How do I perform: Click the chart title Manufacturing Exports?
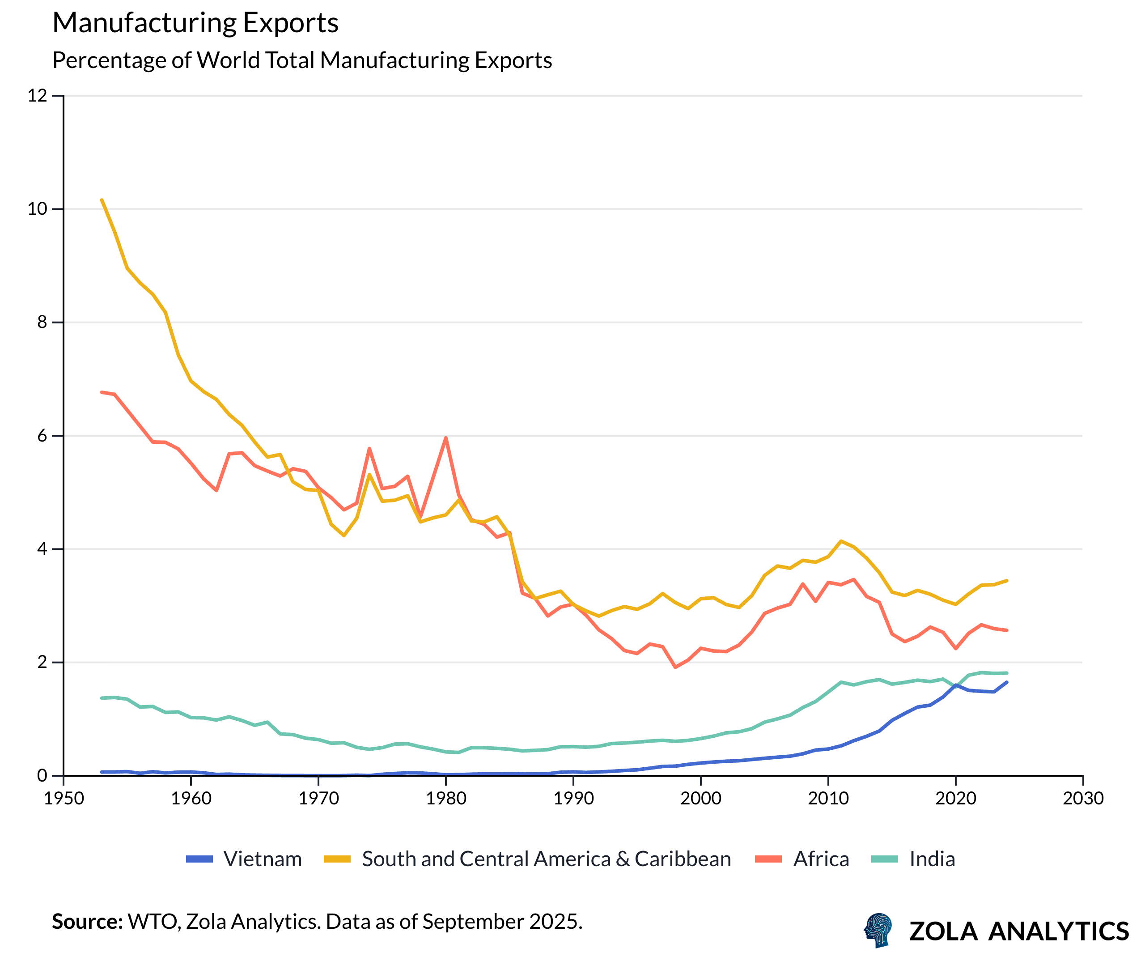tap(195, 23)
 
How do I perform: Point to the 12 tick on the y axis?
tap(37, 96)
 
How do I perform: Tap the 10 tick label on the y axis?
tap(37, 209)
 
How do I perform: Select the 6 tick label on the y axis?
tap(42, 436)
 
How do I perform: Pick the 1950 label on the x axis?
tap(64, 799)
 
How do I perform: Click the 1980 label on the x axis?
tap(446, 799)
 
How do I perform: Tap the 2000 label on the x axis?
tap(700, 799)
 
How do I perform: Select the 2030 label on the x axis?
tap(1083, 799)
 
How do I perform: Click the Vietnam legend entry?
tap(262, 859)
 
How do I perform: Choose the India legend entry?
tap(932, 859)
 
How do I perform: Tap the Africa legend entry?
tap(821, 859)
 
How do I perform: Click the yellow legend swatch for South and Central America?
tap(337, 859)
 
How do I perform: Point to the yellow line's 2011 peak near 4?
tap(841, 541)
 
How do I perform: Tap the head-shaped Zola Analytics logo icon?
tap(878, 930)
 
